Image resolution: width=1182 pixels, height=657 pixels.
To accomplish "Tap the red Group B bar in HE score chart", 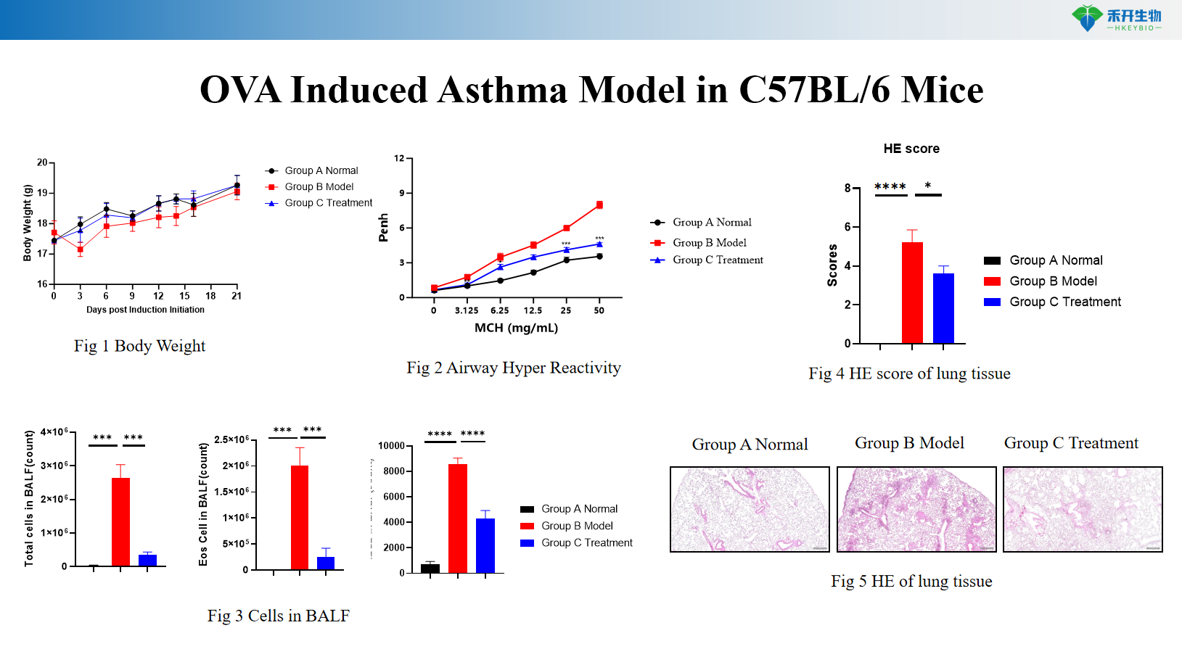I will click(912, 293).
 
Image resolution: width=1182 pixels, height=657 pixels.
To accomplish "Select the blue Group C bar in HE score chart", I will click(943, 308).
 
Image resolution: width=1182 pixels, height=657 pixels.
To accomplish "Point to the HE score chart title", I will click(911, 149).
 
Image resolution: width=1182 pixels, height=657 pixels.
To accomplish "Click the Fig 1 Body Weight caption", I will click(139, 346).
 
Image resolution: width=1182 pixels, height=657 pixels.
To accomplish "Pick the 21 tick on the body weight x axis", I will click(237, 296).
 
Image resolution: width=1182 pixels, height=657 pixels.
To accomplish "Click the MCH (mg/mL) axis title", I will click(516, 328).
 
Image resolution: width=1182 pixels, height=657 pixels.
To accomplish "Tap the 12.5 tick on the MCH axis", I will click(533, 310).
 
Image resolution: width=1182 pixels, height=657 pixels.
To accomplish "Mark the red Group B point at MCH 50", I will click(599, 205).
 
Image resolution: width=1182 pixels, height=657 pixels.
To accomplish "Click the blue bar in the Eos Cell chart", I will click(326, 563).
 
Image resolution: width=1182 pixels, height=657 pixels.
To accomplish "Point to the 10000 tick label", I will click(391, 446).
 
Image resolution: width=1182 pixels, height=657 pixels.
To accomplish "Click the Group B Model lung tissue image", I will click(916, 509).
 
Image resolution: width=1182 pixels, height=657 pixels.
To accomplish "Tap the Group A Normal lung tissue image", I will click(750, 509).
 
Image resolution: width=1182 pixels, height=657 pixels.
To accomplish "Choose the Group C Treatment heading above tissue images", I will click(1071, 443).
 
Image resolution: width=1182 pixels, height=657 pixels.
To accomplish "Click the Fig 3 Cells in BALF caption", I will click(278, 616).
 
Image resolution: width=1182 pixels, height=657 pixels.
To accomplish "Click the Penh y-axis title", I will click(384, 227).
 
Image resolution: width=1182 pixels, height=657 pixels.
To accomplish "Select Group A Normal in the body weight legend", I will click(321, 170).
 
